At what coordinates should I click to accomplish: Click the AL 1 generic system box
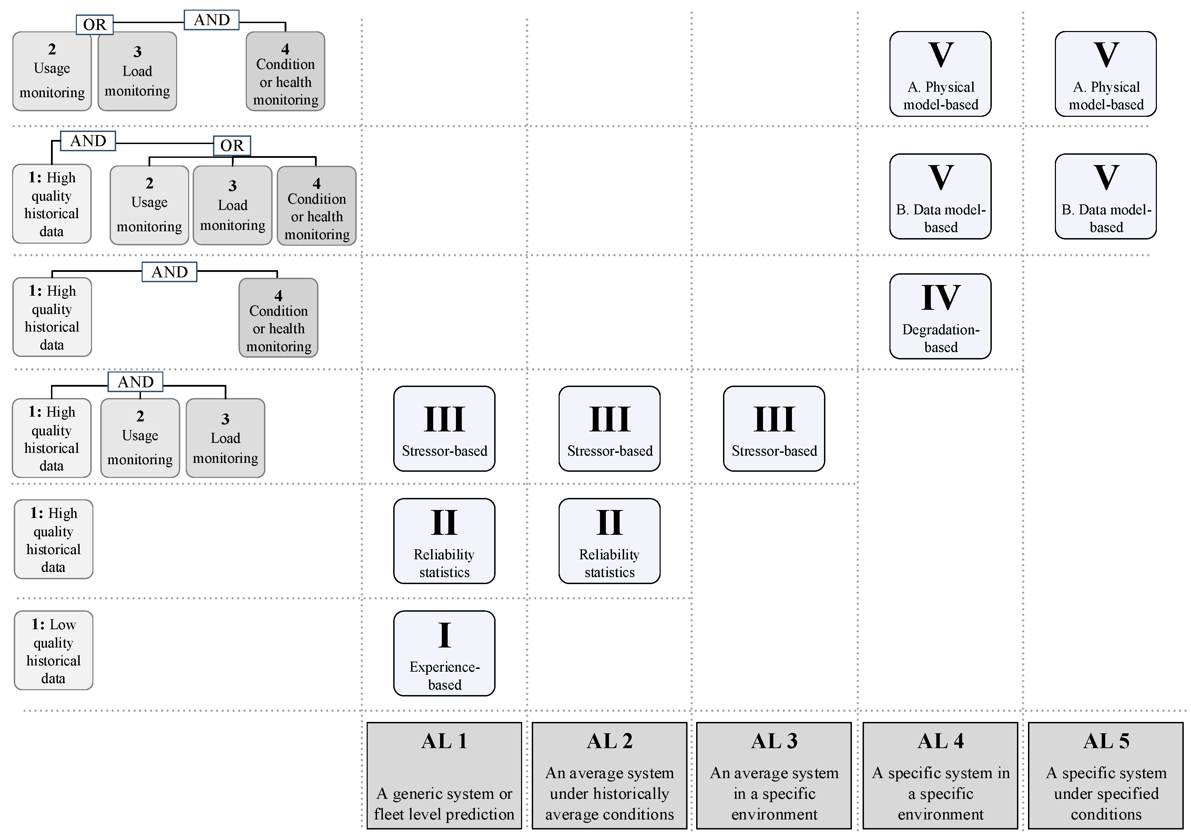(444, 775)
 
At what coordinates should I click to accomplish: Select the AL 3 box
(774, 775)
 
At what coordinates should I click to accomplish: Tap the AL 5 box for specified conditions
(1106, 775)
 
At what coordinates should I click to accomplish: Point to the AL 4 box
(940, 775)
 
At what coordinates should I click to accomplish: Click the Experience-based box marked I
(444, 653)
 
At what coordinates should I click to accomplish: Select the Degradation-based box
(940, 316)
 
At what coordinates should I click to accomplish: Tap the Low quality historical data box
(53, 650)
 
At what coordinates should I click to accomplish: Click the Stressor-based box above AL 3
(774, 428)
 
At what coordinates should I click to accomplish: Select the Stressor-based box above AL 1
(444, 428)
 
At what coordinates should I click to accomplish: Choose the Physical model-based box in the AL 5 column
(1106, 74)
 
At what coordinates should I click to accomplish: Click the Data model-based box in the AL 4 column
(940, 196)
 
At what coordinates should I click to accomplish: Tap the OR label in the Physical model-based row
(94, 25)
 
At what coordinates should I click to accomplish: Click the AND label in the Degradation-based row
(170, 272)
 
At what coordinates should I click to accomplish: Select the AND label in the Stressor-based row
(135, 382)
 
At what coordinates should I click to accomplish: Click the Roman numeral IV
(940, 298)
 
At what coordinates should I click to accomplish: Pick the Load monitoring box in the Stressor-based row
(225, 438)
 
